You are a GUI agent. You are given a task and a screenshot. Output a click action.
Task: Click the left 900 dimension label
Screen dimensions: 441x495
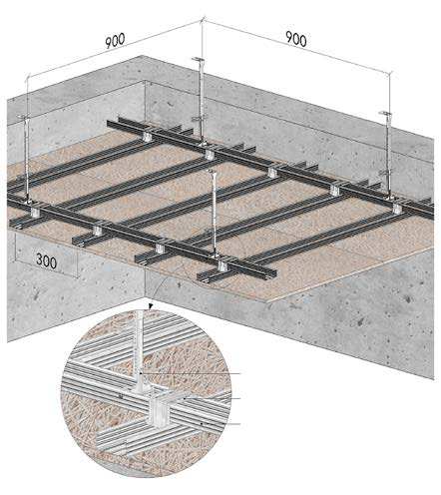pyautogui.click(x=115, y=41)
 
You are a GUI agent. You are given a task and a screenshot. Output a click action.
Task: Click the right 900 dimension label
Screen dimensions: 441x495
pyautogui.click(x=296, y=39)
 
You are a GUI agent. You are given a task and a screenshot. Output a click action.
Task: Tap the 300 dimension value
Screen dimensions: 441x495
pyautogui.click(x=46, y=261)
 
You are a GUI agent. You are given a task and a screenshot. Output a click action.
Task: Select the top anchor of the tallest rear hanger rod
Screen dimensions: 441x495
pyautogui.click(x=198, y=59)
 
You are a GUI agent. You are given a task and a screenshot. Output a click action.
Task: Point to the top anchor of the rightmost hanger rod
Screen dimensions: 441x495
pyautogui.click(x=384, y=114)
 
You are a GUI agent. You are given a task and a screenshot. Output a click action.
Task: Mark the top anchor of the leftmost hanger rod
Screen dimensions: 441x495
pyautogui.click(x=22, y=117)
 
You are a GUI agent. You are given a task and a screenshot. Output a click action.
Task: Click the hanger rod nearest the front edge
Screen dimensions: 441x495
pyautogui.click(x=214, y=213)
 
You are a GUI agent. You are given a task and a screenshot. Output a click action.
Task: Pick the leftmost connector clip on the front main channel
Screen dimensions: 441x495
pyautogui.click(x=34, y=212)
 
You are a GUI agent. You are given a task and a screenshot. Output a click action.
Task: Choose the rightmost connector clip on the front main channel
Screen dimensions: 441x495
pyautogui.click(x=221, y=265)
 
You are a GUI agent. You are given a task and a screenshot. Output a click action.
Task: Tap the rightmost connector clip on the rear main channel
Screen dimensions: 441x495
pyautogui.click(x=397, y=208)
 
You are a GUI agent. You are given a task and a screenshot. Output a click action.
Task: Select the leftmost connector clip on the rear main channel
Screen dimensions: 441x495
pyautogui.click(x=147, y=136)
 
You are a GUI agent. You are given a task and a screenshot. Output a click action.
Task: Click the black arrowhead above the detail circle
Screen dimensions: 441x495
pyautogui.click(x=152, y=305)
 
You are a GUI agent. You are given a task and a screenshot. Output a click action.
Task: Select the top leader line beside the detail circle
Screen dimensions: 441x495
pyautogui.click(x=191, y=373)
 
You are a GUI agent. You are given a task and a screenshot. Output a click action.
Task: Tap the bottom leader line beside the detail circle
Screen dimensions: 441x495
pyautogui.click(x=220, y=424)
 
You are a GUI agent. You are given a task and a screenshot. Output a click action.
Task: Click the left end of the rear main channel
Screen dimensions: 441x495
pyautogui.click(x=109, y=123)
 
